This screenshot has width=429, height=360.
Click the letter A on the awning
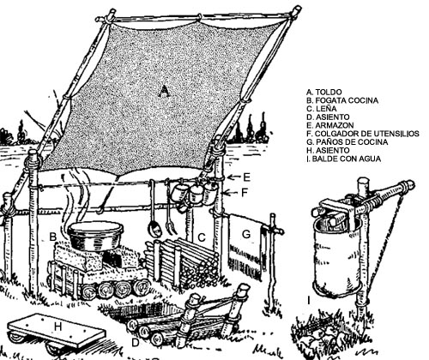pos(164,91)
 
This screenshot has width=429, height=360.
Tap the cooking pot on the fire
pos(96,236)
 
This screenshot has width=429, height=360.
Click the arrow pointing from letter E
pos(234,177)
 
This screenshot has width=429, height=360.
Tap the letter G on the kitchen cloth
pos(246,234)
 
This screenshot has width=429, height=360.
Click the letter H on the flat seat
pos(58,327)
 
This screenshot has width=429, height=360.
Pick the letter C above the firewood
pos(202,237)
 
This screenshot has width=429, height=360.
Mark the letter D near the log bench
pos(135,343)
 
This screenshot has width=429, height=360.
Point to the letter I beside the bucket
pos(309,300)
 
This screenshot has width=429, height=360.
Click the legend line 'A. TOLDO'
pos(324,92)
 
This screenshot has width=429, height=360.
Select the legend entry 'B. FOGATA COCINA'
pos(342,100)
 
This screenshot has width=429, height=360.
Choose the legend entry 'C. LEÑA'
pos(322,109)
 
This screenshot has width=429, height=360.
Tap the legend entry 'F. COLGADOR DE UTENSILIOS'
pos(363,134)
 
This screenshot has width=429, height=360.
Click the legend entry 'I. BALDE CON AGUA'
pos(344,159)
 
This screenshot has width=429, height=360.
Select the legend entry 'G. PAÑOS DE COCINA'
pos(347,141)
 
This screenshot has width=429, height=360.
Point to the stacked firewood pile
pos(183,263)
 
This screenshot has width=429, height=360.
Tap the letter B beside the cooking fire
pos(53,237)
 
